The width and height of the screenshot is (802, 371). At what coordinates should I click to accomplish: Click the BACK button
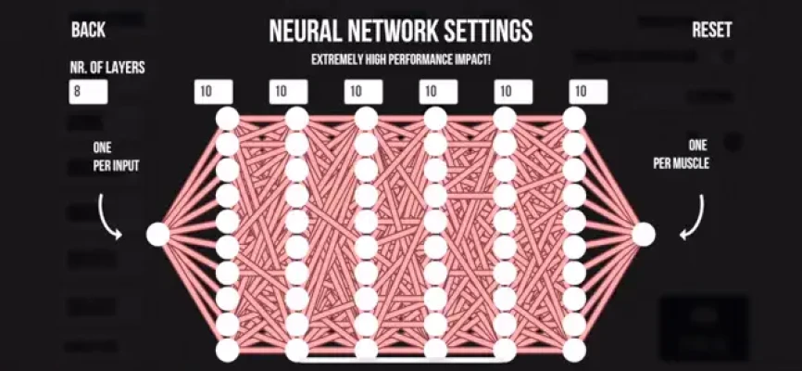[89, 30]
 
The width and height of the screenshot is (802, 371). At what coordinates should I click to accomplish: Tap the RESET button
[712, 30]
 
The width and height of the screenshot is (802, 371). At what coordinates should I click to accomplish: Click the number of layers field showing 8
[89, 92]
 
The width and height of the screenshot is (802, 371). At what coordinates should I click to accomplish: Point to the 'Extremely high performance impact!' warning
[401, 59]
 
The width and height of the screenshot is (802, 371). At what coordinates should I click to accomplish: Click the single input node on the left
[158, 235]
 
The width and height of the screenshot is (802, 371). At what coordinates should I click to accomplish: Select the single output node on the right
[644, 235]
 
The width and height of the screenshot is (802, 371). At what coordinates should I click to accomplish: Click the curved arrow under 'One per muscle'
[695, 217]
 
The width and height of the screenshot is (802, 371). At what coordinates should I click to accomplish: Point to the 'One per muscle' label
[682, 155]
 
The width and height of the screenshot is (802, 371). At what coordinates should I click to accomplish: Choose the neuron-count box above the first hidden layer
[214, 92]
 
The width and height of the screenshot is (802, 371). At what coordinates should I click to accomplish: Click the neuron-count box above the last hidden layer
[588, 92]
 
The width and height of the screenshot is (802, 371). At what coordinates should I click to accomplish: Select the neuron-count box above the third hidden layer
[364, 92]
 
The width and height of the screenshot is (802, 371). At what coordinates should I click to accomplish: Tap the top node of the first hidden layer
[227, 119]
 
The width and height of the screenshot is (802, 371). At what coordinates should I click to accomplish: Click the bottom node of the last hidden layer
[574, 351]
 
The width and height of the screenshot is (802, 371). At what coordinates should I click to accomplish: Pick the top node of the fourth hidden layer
[435, 119]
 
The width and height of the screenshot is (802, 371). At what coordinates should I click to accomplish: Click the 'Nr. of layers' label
[107, 67]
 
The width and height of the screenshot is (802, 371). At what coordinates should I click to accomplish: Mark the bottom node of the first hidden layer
[227, 351]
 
